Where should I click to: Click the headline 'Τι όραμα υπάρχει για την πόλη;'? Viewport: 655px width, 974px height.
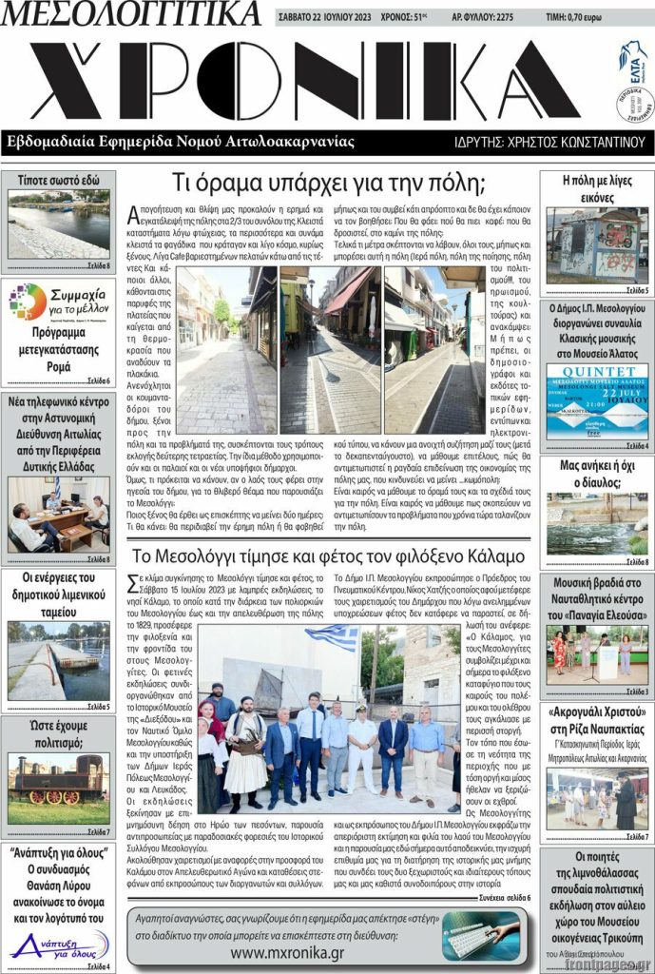coord(328,183)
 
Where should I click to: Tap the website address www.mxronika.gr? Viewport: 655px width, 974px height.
coord(287,952)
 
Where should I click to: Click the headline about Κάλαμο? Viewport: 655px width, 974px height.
coord(328,555)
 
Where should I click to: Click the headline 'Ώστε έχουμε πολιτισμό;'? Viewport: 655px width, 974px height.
coord(59,735)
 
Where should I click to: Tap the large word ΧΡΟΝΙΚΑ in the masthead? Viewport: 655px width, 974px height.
coord(304,80)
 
